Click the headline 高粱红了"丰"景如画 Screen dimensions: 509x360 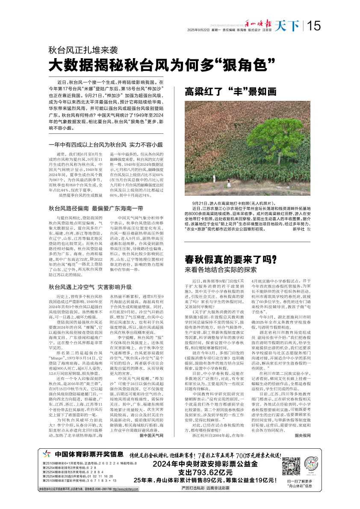231,91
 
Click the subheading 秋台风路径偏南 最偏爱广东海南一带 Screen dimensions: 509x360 96,209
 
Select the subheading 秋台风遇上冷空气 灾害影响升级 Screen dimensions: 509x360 90,287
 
